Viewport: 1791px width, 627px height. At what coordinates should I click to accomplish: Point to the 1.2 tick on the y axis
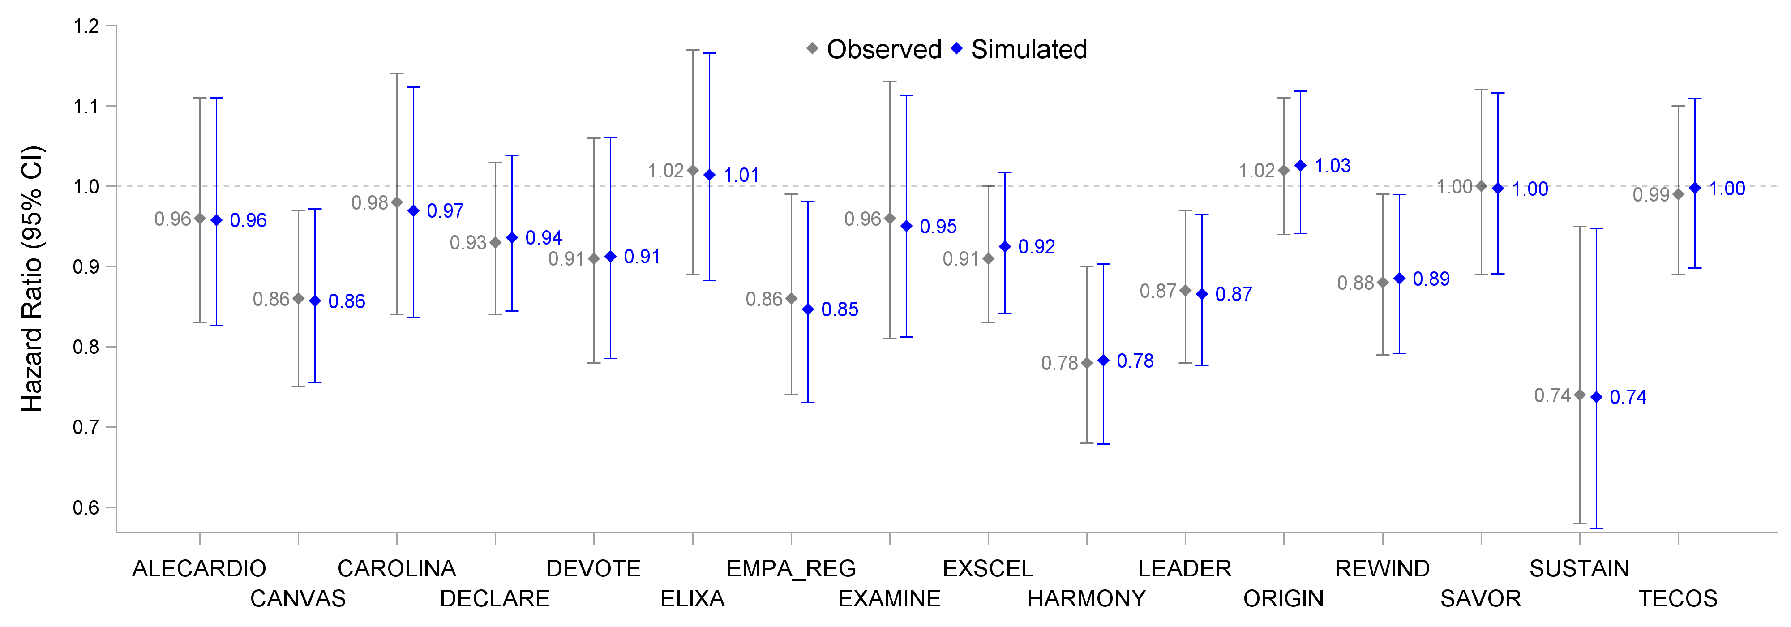pos(87,26)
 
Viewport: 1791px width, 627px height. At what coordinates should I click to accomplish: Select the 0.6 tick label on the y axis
pos(87,507)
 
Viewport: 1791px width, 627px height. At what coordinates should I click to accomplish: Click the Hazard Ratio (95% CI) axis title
pos(32,278)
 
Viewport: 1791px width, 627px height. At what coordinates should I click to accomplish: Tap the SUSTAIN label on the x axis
pos(1579,569)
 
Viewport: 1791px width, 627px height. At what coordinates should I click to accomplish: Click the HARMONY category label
pos(1086,598)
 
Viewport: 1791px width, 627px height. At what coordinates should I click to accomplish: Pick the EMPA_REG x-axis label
pos(791,569)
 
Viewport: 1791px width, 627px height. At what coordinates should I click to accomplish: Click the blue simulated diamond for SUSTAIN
pos(1596,397)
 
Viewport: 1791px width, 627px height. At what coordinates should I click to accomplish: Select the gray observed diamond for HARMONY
pos(1087,363)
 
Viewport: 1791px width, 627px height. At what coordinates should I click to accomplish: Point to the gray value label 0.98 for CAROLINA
pos(369,202)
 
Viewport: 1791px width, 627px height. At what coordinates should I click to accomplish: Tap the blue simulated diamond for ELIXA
pos(709,175)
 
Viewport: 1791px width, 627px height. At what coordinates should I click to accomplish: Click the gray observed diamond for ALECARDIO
pos(200,218)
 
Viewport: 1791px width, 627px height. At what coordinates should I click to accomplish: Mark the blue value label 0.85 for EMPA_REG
pos(839,309)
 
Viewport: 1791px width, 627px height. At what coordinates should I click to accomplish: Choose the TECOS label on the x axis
pos(1678,598)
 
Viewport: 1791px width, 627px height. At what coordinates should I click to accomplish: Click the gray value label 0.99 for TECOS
pos(1650,195)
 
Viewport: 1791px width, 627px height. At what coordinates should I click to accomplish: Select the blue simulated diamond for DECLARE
pos(512,238)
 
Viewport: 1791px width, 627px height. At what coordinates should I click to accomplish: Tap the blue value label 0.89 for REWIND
pos(1431,279)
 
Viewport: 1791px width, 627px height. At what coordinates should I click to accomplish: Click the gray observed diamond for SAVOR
pos(1481,186)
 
